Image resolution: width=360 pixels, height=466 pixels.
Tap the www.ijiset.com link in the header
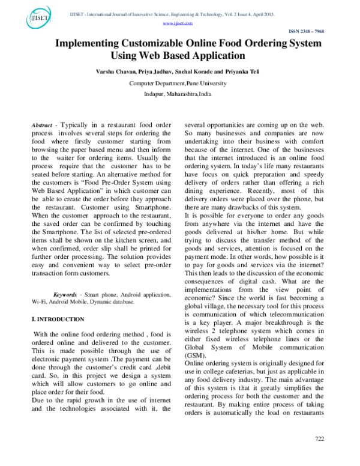pyautogui.click(x=178, y=23)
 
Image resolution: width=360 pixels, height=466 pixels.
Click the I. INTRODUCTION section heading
pyautogui.click(x=58, y=319)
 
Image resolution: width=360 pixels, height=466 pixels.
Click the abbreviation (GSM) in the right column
pyautogui.click(x=195, y=354)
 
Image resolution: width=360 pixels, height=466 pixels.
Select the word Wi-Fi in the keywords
pyautogui.click(x=40, y=302)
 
